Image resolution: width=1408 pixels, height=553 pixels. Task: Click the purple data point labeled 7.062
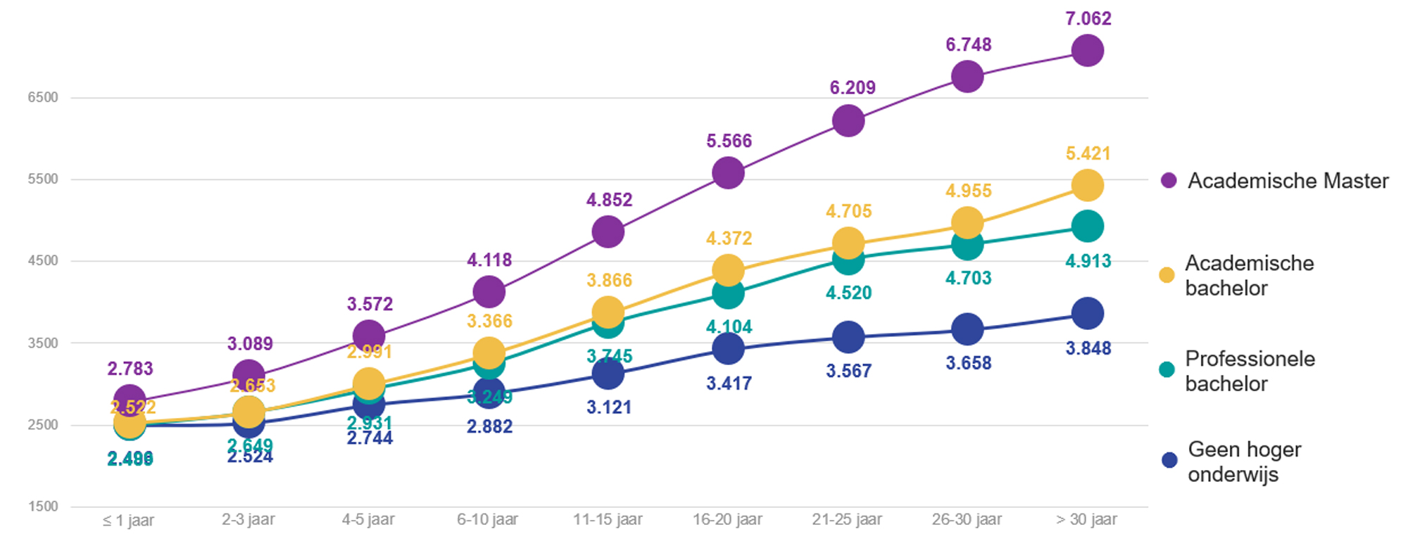click(1087, 51)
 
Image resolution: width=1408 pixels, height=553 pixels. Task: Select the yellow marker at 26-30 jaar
click(967, 222)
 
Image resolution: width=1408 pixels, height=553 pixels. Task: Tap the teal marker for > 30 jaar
click(1087, 227)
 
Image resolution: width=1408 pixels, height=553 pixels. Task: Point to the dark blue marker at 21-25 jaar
click(848, 337)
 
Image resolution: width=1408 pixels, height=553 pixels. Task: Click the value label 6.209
click(853, 88)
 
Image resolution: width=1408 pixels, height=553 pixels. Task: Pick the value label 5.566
click(729, 141)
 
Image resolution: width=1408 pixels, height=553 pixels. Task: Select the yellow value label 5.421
click(1088, 154)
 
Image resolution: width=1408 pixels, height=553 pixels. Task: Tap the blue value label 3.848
click(1088, 348)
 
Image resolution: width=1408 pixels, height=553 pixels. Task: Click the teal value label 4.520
click(848, 293)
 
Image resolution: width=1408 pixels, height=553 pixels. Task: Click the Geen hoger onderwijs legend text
click(1244, 462)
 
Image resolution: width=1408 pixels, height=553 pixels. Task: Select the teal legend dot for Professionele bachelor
click(1167, 370)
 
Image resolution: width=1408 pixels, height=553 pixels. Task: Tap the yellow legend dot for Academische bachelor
click(1167, 275)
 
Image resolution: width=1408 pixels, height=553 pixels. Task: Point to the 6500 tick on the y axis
click(43, 98)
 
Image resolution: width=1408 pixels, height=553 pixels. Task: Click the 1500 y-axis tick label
click(43, 507)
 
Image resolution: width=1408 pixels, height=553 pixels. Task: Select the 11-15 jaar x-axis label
click(608, 520)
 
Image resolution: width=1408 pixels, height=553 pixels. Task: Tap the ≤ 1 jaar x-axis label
click(128, 521)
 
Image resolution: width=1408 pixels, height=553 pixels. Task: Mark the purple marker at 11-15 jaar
click(608, 231)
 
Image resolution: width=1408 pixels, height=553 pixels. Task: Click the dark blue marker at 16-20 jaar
click(728, 348)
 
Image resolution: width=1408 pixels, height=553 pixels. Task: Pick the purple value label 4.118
click(489, 260)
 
